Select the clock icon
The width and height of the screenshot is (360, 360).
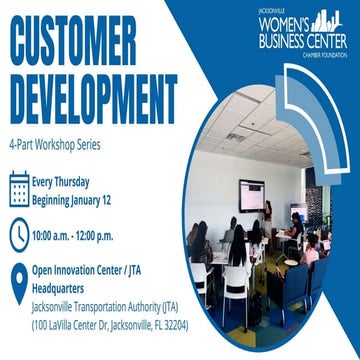tap(19, 236)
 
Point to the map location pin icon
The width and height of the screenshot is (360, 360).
tap(19, 284)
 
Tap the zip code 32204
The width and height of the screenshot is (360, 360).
tap(187, 325)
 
